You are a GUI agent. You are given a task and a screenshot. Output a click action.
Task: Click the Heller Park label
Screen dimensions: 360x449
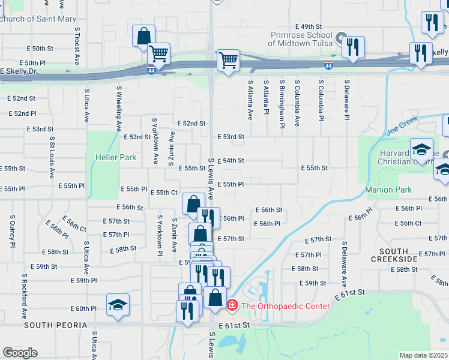point(115,158)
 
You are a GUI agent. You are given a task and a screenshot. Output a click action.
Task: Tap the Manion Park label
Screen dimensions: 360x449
point(388,190)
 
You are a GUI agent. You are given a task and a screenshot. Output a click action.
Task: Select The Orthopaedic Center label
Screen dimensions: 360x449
point(285,306)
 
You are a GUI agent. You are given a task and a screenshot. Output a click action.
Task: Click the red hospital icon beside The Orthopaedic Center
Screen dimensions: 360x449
point(232,306)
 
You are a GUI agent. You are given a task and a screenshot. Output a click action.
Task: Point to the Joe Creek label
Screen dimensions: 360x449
point(401,126)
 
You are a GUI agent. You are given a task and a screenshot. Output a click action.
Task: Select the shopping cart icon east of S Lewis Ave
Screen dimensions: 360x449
point(228,60)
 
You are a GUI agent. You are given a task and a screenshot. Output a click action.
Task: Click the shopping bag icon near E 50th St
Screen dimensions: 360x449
point(144,36)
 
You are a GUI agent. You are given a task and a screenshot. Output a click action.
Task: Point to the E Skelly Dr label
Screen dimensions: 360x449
point(18,71)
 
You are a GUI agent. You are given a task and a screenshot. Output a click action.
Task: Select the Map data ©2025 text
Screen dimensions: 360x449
point(423,355)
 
